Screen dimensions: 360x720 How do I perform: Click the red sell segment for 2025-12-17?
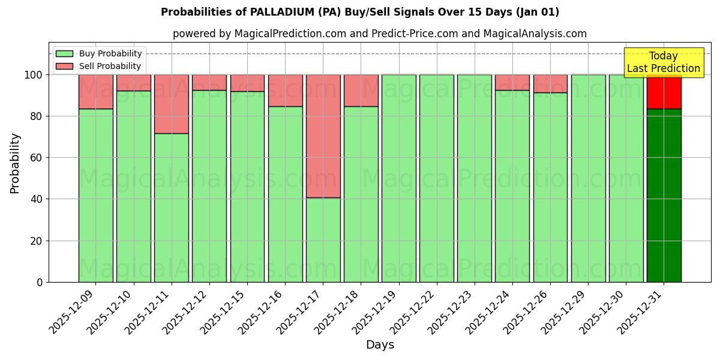(x=323, y=136)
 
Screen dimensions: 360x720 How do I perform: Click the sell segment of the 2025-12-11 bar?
(x=172, y=104)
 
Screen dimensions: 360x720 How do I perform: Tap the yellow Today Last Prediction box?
(x=663, y=62)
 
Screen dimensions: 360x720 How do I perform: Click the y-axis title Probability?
(x=15, y=163)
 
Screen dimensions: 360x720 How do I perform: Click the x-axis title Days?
(x=380, y=345)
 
